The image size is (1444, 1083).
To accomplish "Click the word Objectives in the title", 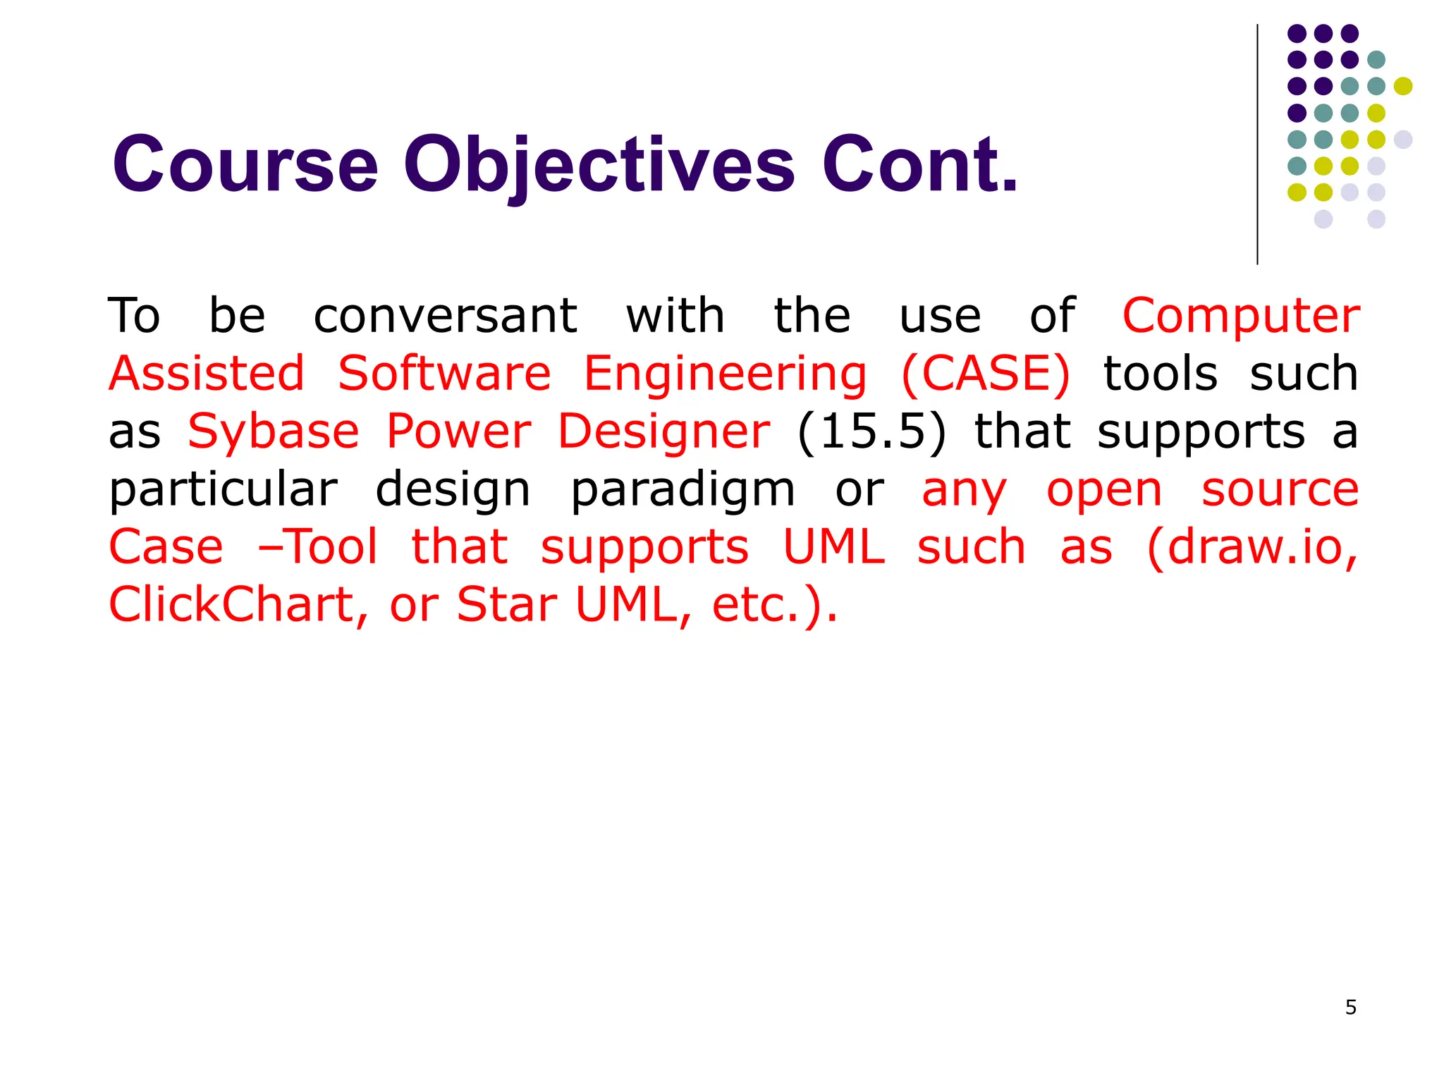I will [599, 165].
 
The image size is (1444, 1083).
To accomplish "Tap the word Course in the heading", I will [245, 165].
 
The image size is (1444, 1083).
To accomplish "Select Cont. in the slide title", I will [919, 165].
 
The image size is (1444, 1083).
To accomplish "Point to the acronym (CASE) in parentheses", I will [986, 373].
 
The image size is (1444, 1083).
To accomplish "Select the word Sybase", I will [274, 432].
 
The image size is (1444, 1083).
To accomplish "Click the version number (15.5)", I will [872, 432].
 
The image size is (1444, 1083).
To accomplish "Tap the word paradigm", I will [683, 489].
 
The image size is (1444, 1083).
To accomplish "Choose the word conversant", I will [446, 315].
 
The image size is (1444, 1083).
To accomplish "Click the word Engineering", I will [726, 374].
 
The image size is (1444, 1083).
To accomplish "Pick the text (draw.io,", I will [1252, 547].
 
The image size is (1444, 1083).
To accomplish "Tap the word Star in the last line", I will [507, 605].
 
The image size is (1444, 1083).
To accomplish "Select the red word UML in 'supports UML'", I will [834, 547].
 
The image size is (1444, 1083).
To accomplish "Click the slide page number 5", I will [1350, 1008].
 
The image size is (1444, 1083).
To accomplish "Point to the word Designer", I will [663, 432].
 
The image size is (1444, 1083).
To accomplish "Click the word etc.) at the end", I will [774, 605].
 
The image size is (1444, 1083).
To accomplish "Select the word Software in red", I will [444, 373].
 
